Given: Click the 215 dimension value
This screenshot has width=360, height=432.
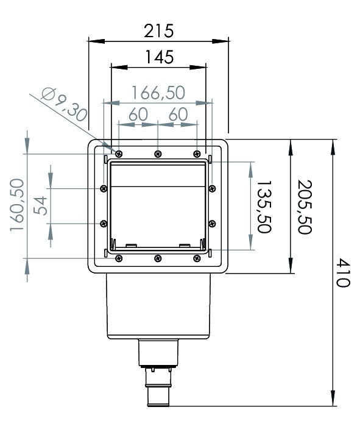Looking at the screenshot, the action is [x=158, y=31].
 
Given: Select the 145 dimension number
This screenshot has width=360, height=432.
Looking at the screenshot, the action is [x=159, y=57].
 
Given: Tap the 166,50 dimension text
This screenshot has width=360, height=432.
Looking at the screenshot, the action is [x=158, y=93].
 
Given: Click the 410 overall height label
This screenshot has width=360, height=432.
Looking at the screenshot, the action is [x=344, y=272].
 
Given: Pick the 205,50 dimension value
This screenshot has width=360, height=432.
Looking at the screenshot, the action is [x=305, y=207].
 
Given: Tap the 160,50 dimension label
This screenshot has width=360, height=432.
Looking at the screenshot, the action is [x=17, y=205].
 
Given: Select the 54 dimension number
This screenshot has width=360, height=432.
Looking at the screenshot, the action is [x=40, y=205].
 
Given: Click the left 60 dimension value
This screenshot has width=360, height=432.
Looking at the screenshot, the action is [x=138, y=114].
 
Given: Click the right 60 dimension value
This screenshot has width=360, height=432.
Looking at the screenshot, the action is [x=178, y=114].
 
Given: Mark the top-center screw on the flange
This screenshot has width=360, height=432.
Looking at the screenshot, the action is [x=158, y=154].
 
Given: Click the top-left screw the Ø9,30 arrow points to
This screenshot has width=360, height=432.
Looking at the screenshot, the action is [x=119, y=154].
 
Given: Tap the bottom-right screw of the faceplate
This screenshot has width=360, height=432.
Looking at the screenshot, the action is [x=197, y=258].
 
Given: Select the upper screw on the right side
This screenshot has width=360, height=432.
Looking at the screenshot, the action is [x=212, y=188].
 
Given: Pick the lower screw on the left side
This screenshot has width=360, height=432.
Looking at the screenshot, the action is [x=104, y=224].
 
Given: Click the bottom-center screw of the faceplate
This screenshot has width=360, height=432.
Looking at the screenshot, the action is [x=158, y=258].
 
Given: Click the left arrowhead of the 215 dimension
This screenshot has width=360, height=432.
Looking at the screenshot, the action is [x=96, y=41].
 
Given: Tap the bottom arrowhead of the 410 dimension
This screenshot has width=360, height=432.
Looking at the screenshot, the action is [x=333, y=397].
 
